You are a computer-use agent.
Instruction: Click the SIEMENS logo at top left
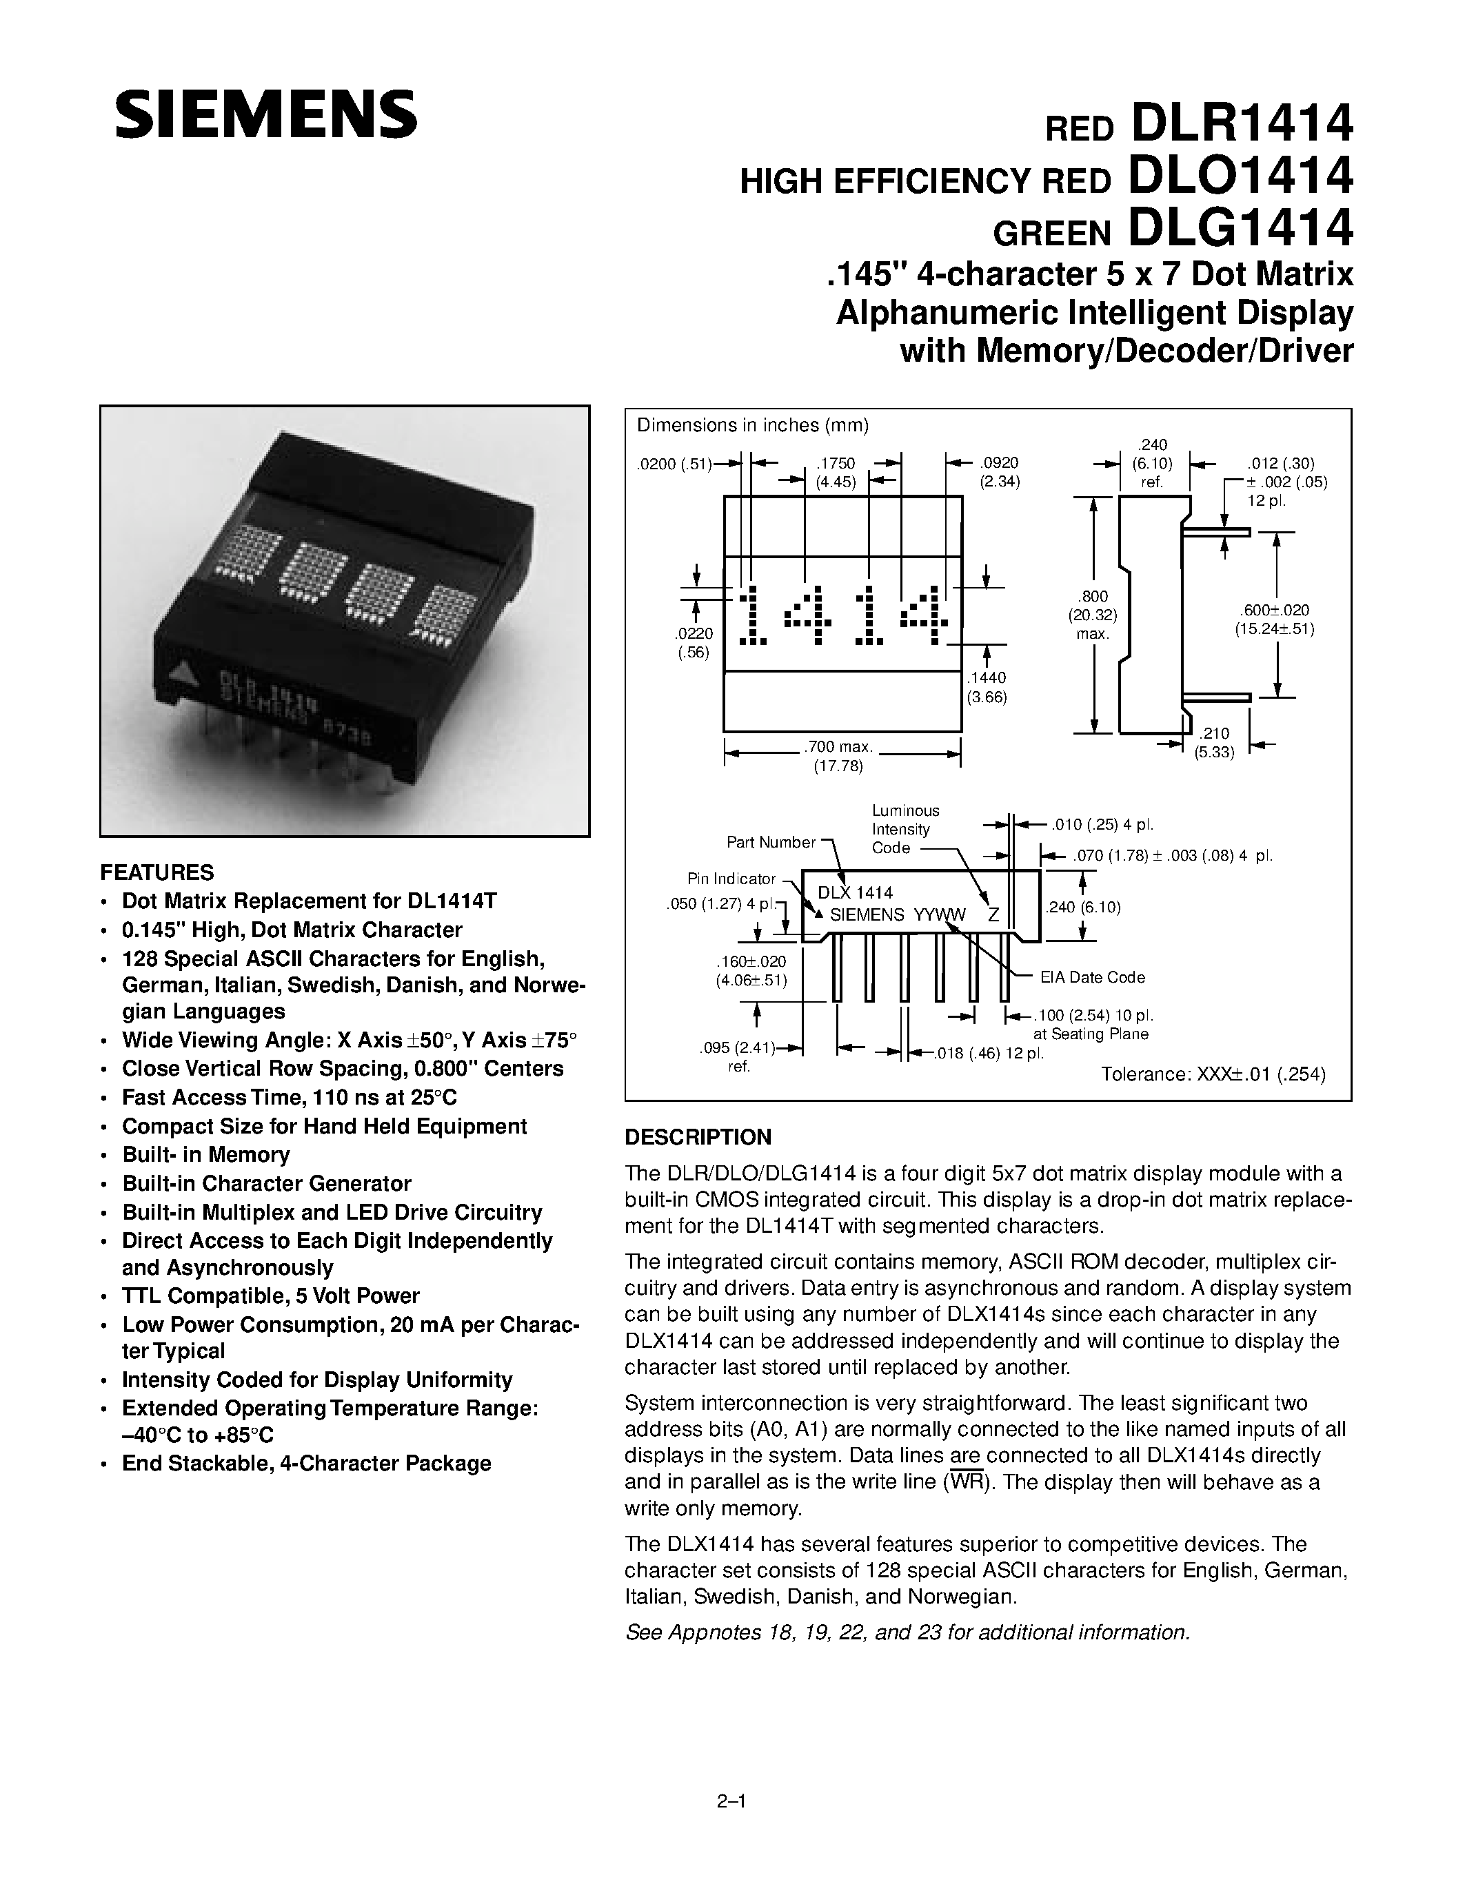(x=265, y=115)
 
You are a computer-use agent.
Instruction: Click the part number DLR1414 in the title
(x=1241, y=125)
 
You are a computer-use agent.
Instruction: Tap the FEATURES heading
(x=157, y=872)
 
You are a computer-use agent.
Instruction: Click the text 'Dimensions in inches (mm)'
(x=752, y=425)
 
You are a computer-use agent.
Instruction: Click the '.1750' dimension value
(x=836, y=464)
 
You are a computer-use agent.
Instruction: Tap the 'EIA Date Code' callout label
(x=1092, y=978)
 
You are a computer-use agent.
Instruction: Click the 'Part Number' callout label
(x=771, y=843)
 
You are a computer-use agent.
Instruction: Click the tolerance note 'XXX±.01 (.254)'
(x=1213, y=1074)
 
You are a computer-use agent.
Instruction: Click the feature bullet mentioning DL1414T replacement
(x=309, y=901)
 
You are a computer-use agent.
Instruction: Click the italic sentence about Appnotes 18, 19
(x=907, y=1632)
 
